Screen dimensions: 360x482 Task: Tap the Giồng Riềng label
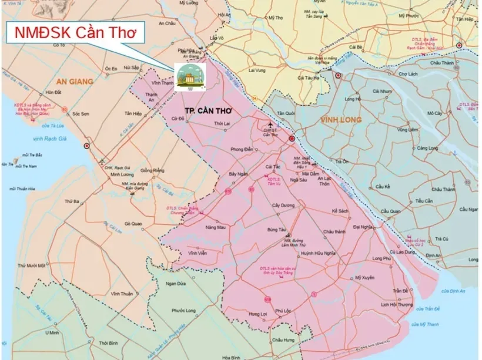click(152, 171)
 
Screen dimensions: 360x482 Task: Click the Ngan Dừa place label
click(176, 284)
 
